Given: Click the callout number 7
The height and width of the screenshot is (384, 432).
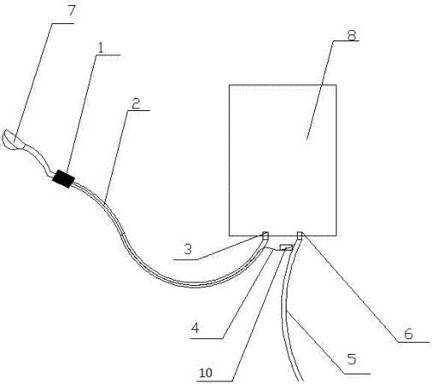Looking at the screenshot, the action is click(71, 11).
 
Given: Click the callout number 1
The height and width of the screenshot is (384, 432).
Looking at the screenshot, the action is click(100, 48).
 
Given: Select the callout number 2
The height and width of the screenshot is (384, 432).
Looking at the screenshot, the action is click(136, 104).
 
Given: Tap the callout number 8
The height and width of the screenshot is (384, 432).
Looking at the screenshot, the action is click(352, 35).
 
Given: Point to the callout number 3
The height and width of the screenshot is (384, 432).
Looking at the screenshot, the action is click(188, 249).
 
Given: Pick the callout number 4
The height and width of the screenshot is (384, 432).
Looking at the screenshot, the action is click(196, 328).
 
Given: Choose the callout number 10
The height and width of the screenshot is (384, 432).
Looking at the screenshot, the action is click(206, 373).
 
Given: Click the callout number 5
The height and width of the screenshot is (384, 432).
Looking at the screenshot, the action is click(352, 359).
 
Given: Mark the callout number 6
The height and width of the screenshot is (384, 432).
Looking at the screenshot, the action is click(408, 334).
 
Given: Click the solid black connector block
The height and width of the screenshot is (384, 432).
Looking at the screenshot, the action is click(63, 178).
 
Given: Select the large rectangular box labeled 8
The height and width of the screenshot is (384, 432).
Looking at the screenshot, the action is click(283, 160).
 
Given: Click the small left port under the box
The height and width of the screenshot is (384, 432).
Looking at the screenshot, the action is click(266, 236).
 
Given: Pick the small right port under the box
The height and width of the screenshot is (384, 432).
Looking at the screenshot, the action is click(300, 236).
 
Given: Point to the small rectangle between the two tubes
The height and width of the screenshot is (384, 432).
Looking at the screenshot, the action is click(286, 247).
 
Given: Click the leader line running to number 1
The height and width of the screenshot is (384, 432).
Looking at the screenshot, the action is click(81, 114).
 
